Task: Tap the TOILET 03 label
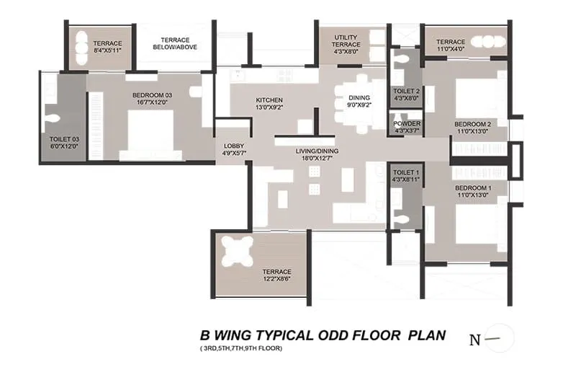tap(63, 138)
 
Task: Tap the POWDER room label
tap(407, 123)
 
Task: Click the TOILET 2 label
tap(406, 91)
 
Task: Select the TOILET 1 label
tap(406, 173)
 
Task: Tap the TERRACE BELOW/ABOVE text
tap(174, 43)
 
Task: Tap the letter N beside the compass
tap(473, 339)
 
